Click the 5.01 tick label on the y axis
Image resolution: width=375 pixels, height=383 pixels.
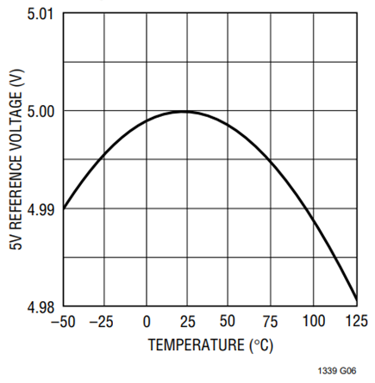pos(41,14)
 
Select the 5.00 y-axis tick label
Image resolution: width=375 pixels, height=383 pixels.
pos(41,112)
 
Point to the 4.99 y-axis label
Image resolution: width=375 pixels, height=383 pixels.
pos(41,210)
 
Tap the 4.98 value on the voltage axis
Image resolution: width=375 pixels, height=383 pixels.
pos(41,307)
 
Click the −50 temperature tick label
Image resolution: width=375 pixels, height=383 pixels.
pos(63,321)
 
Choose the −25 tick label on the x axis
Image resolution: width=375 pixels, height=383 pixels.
pos(101,321)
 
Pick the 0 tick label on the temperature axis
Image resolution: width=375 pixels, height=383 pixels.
pos(147,321)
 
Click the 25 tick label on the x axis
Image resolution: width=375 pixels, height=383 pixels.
pos(187,321)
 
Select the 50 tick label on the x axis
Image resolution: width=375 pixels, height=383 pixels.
pos(228,321)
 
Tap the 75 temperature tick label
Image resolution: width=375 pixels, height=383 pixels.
pos(270,321)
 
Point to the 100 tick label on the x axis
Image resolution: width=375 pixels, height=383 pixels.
pos(314,321)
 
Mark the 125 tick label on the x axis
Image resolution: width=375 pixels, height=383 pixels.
pos(357,321)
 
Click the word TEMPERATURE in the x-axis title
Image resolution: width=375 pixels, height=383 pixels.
pos(197,345)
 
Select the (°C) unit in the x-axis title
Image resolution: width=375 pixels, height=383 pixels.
pos(261,345)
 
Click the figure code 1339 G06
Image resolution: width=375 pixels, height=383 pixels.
pos(337,371)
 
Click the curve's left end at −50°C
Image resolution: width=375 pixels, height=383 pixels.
pos(64,208)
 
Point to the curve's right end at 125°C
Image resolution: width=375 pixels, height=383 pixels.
pos(357,300)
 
